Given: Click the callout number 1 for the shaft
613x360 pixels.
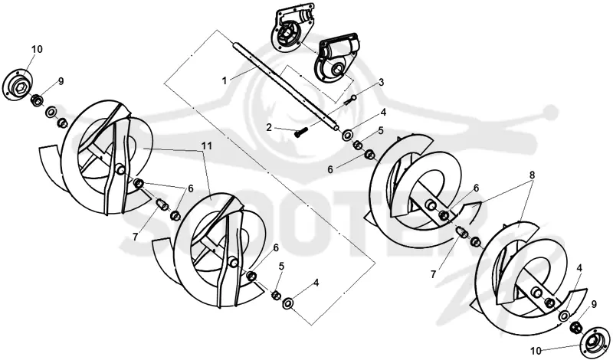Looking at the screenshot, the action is [225, 80].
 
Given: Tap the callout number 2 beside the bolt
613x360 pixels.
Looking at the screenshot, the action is [269, 127].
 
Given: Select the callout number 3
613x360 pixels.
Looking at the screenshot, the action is [381, 83].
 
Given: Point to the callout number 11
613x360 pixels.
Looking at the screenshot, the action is [207, 146].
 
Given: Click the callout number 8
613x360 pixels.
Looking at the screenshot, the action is [532, 175].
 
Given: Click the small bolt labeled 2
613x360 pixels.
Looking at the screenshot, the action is [301, 132].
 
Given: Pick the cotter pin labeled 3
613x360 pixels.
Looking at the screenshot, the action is [350, 100].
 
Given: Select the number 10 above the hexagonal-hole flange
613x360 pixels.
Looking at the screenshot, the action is [37, 49].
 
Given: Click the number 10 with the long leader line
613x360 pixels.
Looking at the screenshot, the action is [537, 351].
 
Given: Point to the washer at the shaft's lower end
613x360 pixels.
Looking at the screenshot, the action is [347, 136].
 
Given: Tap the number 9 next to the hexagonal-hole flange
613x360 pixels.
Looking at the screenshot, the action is [61, 81].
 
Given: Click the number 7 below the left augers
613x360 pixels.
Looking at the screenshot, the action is [136, 237].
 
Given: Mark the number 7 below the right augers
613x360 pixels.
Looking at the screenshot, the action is [433, 275].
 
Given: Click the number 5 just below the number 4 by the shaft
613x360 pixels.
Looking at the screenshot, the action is [381, 130].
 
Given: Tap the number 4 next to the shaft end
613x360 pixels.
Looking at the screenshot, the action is [384, 112].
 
